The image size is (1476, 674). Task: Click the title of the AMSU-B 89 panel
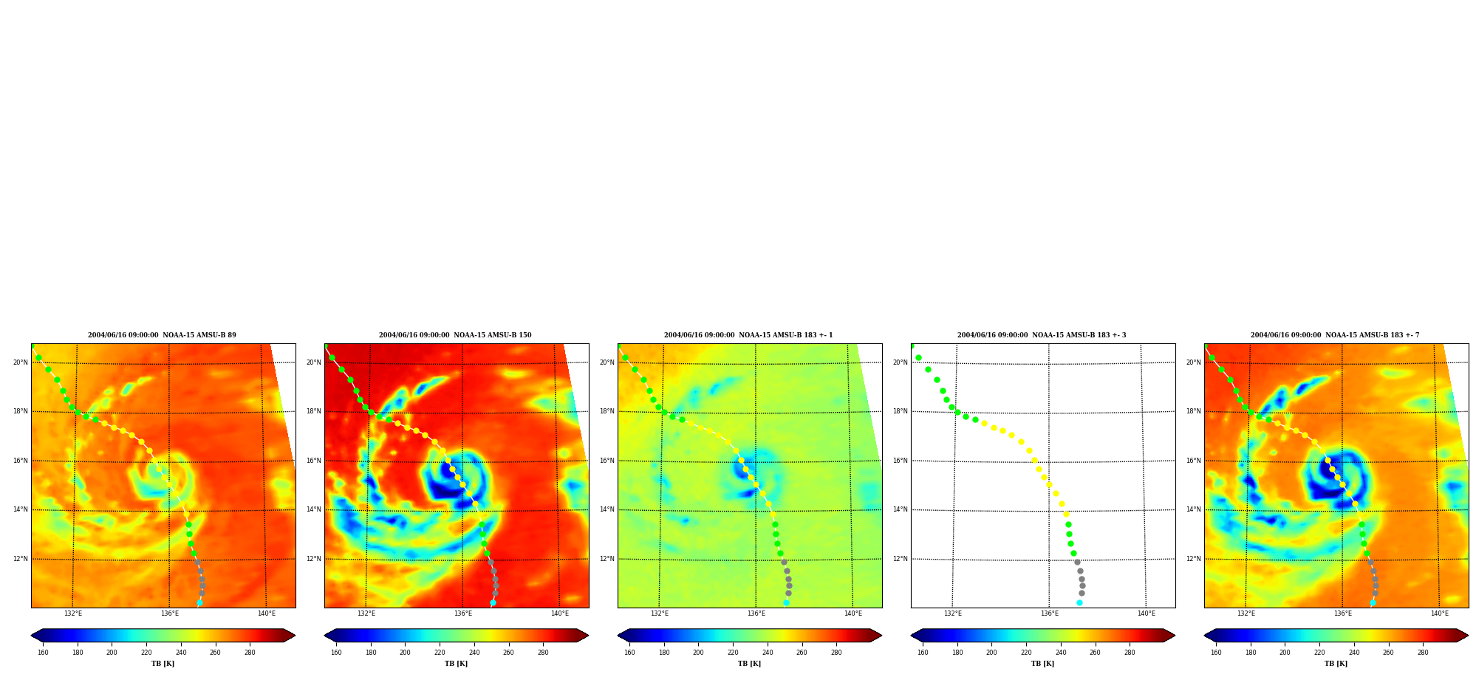(x=162, y=335)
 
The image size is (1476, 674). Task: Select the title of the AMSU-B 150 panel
(x=455, y=335)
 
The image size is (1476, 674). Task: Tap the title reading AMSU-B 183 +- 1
(x=748, y=335)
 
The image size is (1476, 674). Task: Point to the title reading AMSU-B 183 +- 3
(x=1042, y=335)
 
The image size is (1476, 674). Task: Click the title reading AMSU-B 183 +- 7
(x=1335, y=335)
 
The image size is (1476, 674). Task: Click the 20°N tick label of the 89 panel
(x=20, y=362)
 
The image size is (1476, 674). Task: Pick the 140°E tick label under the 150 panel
(x=560, y=613)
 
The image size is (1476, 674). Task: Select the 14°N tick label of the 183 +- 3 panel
(x=900, y=509)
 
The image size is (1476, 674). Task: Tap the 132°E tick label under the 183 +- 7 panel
(x=1246, y=613)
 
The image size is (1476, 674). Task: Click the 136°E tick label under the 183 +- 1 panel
(x=756, y=613)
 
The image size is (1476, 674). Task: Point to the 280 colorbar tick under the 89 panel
(x=250, y=653)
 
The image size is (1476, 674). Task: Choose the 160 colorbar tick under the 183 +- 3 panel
(x=923, y=653)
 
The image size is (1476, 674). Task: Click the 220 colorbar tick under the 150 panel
(x=440, y=653)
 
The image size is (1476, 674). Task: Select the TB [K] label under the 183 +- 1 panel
(x=749, y=664)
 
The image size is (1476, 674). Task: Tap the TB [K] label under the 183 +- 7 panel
(x=1336, y=664)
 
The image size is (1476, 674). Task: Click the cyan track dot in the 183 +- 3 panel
(x=1079, y=603)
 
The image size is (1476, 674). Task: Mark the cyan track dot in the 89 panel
(x=199, y=603)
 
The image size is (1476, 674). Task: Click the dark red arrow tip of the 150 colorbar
(x=588, y=636)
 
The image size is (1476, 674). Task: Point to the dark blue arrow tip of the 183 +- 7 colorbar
(x=1205, y=636)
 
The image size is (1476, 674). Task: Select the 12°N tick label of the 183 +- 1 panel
(x=607, y=559)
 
